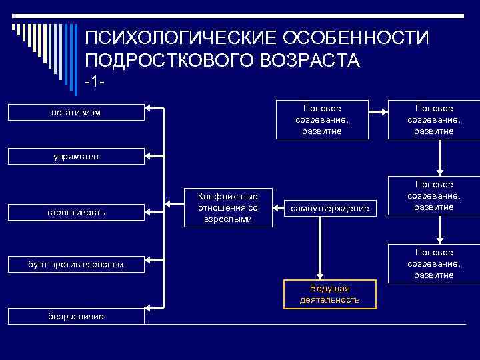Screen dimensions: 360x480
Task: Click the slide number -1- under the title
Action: tap(96, 82)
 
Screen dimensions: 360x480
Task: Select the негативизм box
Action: tap(76, 113)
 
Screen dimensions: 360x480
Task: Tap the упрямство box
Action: tap(76, 157)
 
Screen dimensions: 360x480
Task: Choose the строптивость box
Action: tap(76, 213)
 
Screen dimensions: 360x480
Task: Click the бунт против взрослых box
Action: tap(76, 265)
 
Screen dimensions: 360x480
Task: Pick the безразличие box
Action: tap(76, 316)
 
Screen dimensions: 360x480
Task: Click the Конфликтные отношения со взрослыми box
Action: tap(228, 207)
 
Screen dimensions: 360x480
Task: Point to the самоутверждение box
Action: tap(329, 209)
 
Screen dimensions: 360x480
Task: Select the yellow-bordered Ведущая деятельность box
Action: tap(329, 294)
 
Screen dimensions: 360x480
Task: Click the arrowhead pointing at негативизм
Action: tap(149, 107)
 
